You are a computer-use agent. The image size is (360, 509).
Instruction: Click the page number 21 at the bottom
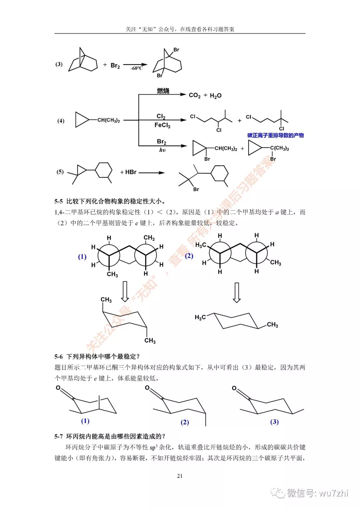pos(180,476)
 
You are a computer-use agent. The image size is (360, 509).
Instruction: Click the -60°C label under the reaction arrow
pos(136,68)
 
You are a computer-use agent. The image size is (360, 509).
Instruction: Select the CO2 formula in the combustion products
pos(195,95)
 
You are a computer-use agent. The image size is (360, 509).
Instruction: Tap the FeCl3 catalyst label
pos(162,125)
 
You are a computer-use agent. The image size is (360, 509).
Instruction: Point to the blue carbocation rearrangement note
pos(275,135)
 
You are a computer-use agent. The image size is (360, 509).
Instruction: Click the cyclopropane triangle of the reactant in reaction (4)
pos(81,120)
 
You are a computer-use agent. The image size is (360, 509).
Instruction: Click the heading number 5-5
pos(59,201)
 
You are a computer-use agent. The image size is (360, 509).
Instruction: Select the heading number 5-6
pos(59,356)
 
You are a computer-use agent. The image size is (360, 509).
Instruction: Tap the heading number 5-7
pos(59,436)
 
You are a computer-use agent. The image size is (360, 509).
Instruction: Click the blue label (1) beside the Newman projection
pos(82,257)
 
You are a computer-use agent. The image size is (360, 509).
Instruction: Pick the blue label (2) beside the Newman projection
pos(189,256)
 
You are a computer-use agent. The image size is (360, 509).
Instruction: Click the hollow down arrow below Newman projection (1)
pos(125,291)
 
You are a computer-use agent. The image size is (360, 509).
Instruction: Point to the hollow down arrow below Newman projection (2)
pos(236,292)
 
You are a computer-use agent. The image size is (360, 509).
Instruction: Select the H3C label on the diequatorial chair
pos(200,317)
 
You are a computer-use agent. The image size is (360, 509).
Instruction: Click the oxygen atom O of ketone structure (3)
pos(234,388)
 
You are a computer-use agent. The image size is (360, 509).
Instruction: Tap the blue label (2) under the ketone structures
pos(185,422)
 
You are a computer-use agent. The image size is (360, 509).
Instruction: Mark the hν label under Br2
pos(162,150)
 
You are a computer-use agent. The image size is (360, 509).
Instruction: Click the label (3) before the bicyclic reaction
pos(59,64)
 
